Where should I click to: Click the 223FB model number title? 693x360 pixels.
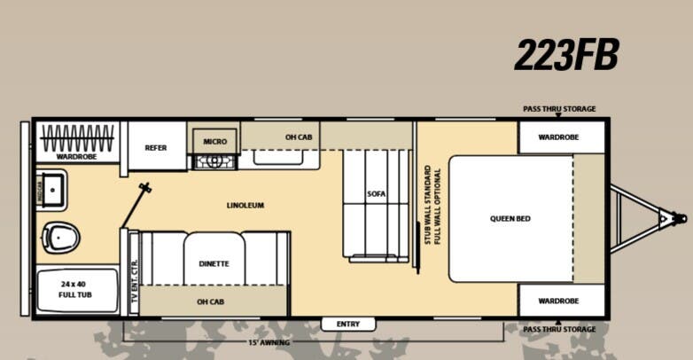coord(565,55)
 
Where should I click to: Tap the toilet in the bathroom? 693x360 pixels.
coord(60,237)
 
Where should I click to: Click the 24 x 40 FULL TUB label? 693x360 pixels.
coord(74,290)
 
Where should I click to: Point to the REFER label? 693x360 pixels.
coord(156,148)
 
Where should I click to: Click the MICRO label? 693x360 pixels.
coord(214,141)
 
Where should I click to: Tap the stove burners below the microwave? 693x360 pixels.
coord(215,161)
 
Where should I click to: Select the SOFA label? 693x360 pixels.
coord(376,194)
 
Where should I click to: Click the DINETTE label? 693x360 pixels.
coord(214,263)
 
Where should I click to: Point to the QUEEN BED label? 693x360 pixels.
coord(510,218)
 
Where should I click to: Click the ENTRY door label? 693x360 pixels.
coord(348,325)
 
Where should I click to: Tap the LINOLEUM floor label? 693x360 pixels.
coord(245,206)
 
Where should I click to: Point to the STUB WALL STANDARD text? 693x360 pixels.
coord(427,205)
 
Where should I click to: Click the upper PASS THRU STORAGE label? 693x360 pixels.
coord(559,109)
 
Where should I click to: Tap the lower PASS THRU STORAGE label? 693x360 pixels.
coord(559,330)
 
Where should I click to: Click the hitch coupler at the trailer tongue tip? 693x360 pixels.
coord(677,217)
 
